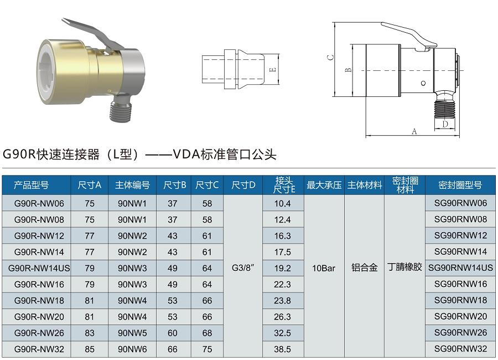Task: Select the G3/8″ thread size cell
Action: click(243, 268)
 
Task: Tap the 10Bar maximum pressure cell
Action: click(324, 268)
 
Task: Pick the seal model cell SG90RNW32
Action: click(460, 349)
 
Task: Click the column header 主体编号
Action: click(133, 185)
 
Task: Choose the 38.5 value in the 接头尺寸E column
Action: click(282, 349)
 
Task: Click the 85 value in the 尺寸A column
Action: click(90, 349)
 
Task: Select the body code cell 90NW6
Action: click(133, 349)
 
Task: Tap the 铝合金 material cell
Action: click(364, 268)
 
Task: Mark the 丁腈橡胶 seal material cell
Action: click(404, 268)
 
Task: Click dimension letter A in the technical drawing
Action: click(414, 131)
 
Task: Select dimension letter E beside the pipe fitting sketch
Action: click(272, 70)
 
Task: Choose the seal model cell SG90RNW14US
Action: click(460, 268)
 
